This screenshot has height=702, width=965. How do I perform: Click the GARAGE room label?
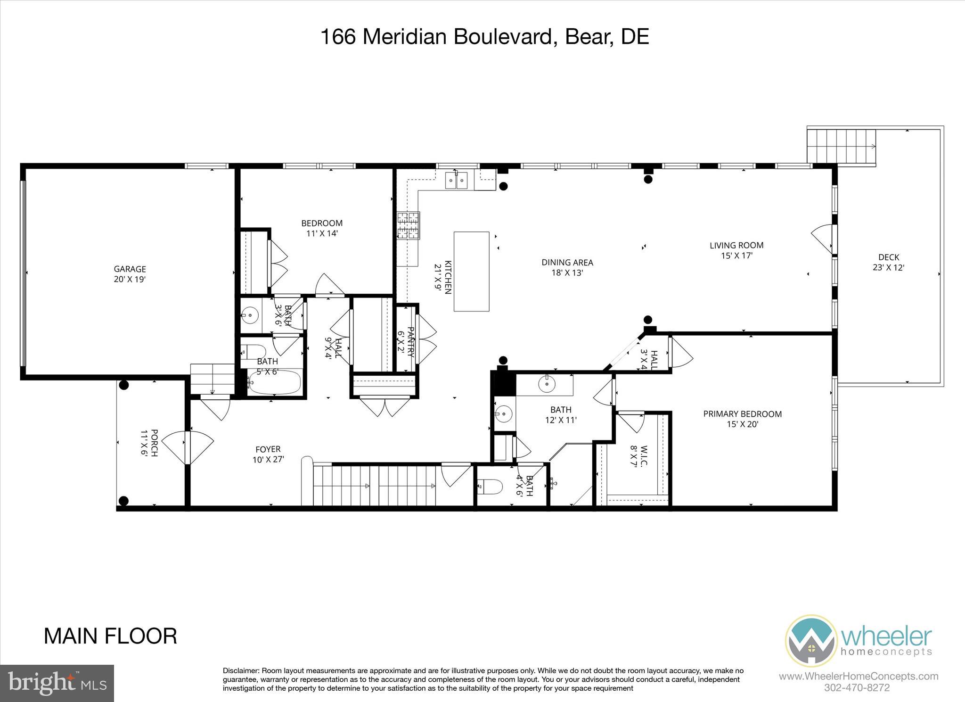[x=130, y=274]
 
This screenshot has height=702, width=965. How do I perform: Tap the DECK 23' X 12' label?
[x=888, y=262]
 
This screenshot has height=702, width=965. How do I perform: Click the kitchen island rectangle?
[x=471, y=271]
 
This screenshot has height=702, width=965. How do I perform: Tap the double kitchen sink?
[x=456, y=180]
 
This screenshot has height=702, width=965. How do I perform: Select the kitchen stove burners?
[x=408, y=225]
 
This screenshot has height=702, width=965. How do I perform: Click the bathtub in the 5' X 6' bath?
[x=274, y=382]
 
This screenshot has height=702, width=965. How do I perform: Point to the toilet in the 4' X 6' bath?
[x=490, y=487]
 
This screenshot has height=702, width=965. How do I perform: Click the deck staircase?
[x=841, y=147]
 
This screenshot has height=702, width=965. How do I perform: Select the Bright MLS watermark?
[x=57, y=683]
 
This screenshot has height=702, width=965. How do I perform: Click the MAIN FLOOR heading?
[x=110, y=636]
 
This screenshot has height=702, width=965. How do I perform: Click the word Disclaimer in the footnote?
[x=240, y=671]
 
